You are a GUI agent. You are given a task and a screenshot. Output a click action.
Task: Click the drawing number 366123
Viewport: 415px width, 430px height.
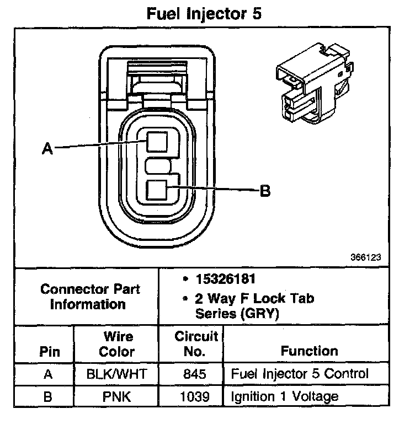364,257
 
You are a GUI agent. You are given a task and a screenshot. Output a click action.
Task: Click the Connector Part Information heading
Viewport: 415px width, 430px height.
91,296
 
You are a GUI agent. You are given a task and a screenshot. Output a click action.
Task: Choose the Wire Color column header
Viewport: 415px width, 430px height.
118,343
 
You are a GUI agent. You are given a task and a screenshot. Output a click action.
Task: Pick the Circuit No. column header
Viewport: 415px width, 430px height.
196,343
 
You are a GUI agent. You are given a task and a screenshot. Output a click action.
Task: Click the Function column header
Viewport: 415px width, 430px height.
309,351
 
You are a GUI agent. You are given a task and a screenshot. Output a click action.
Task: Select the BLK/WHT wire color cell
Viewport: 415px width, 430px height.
118,374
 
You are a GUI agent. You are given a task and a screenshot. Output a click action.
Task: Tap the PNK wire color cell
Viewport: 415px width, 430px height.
118,396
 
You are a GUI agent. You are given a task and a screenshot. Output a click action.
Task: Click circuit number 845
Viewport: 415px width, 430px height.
196,374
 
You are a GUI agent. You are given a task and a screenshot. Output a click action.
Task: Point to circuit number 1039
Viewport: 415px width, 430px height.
196,396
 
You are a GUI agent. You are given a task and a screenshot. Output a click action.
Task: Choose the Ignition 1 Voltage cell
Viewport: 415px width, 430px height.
285,396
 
